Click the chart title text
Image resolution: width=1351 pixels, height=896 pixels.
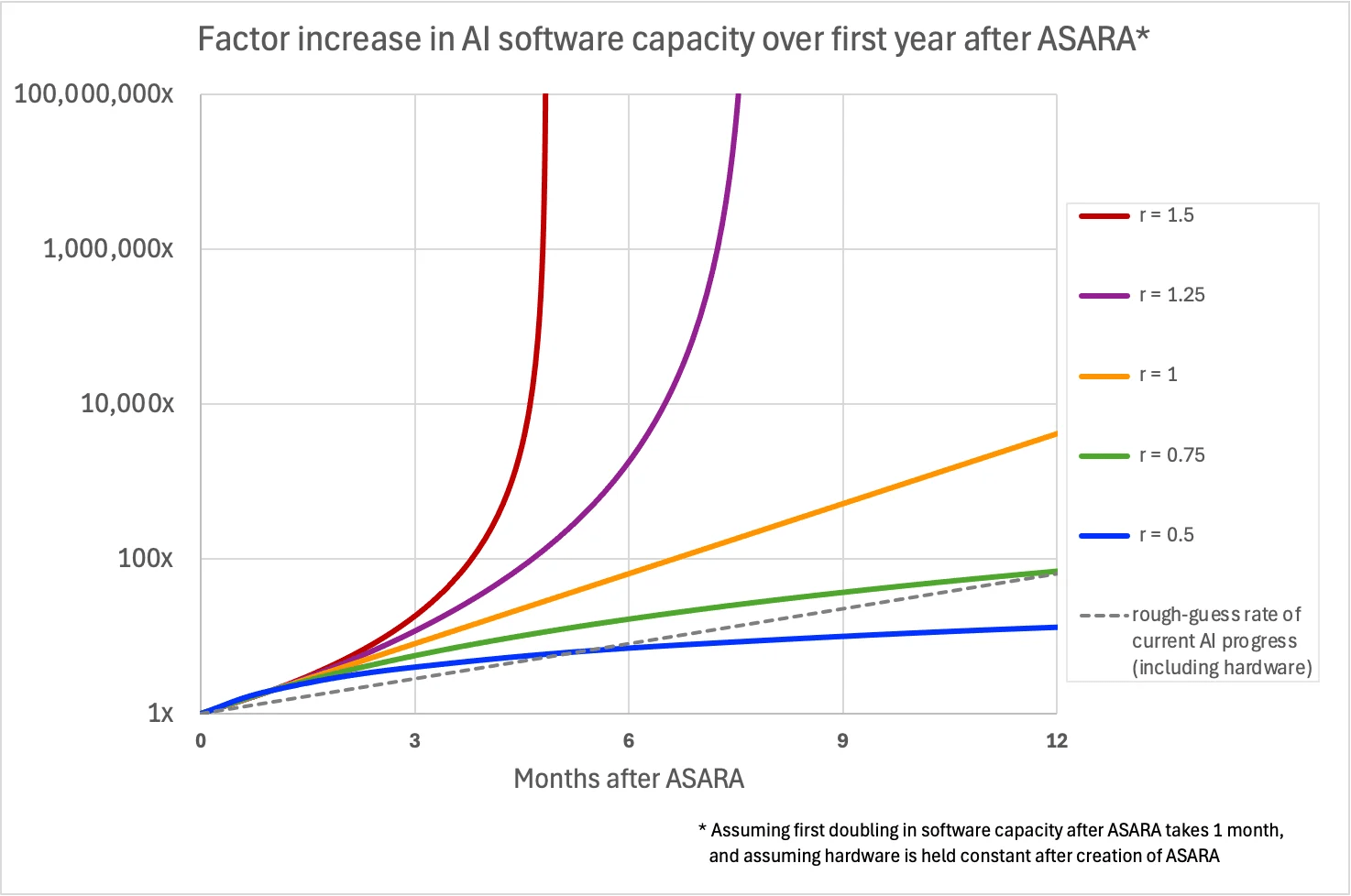pyautogui.click(x=674, y=39)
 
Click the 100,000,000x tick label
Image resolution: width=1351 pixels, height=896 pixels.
pyautogui.click(x=93, y=93)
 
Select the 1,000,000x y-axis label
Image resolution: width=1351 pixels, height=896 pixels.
pyautogui.click(x=108, y=248)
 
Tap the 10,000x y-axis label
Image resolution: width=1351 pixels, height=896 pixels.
pyautogui.click(x=127, y=403)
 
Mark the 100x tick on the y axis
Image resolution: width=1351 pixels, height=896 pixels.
pyautogui.click(x=145, y=558)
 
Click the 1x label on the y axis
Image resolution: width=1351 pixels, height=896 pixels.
pyautogui.click(x=160, y=713)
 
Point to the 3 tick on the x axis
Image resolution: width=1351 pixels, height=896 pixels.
pyautogui.click(x=415, y=740)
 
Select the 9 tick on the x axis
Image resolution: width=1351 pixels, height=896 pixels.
pyautogui.click(x=842, y=740)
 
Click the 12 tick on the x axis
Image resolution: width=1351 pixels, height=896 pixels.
pyautogui.click(x=1056, y=740)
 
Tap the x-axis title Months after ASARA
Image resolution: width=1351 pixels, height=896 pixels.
pyautogui.click(x=629, y=779)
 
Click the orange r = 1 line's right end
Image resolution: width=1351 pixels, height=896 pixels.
pyautogui.click(x=1055, y=433)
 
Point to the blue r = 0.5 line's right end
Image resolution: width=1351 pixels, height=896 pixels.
pyautogui.click(x=1055, y=627)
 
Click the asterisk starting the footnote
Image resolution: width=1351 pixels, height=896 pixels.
pyautogui.click(x=702, y=828)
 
